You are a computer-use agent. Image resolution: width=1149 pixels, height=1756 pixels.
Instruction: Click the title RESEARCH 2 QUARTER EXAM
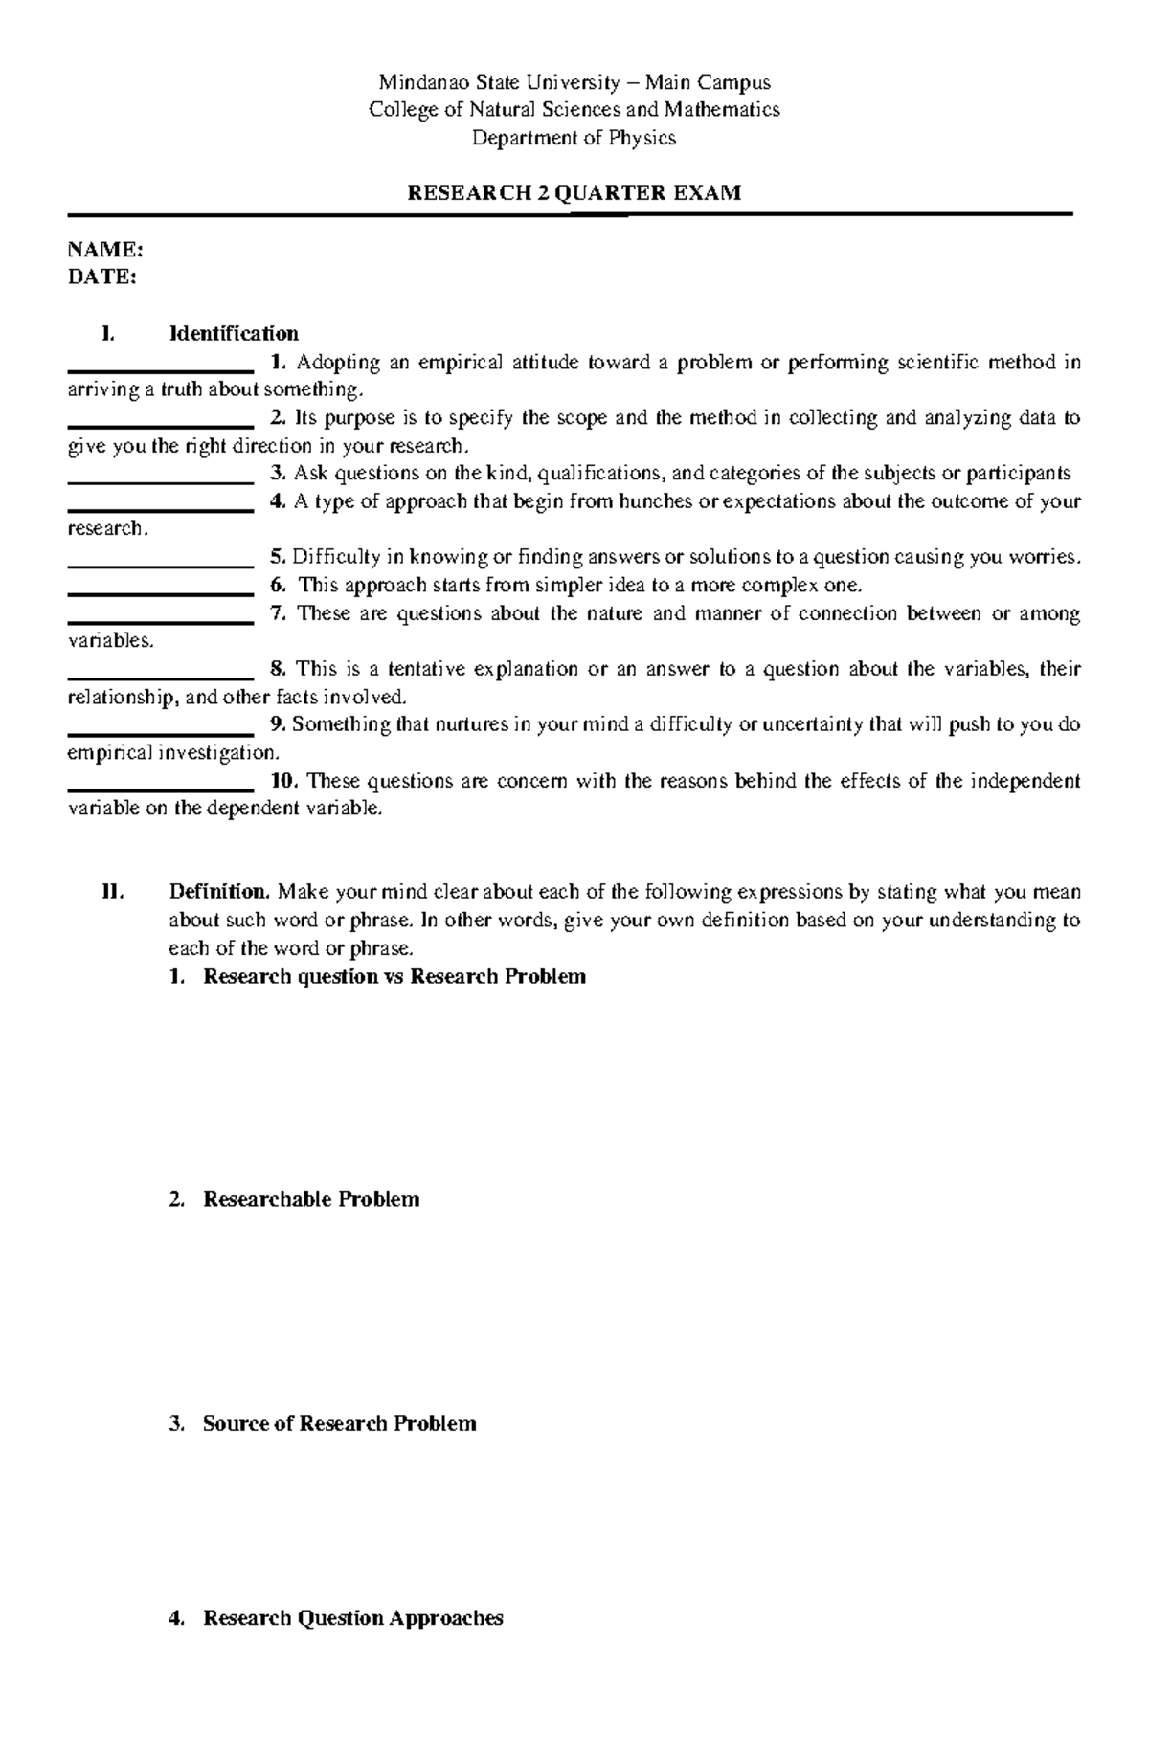(x=574, y=193)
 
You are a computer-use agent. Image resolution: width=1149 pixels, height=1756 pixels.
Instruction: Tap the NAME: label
(x=105, y=250)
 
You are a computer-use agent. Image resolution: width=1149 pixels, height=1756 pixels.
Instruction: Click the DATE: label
(x=101, y=278)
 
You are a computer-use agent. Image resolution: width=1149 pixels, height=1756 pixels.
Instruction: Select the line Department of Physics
(x=574, y=138)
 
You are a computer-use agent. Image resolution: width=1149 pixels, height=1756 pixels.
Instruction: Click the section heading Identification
(x=234, y=333)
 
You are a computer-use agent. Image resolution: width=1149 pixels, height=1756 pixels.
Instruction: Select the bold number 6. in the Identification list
(x=278, y=585)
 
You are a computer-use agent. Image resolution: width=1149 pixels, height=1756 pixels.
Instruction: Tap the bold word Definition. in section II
(x=220, y=892)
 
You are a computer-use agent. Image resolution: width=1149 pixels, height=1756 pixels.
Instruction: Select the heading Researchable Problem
(x=311, y=1199)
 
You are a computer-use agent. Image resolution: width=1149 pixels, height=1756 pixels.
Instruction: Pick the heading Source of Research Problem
(x=339, y=1423)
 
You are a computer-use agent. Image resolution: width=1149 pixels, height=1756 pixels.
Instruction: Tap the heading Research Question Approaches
(x=352, y=1618)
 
